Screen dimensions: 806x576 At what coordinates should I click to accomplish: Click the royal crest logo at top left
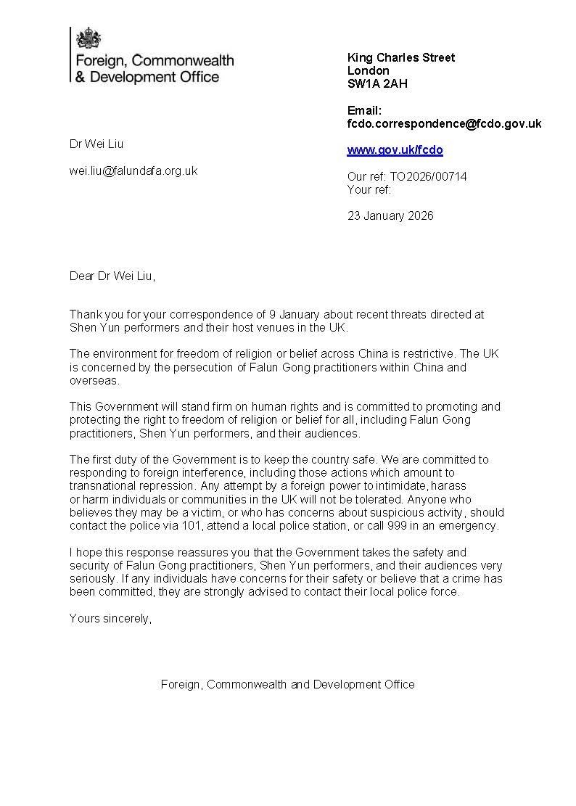[89, 38]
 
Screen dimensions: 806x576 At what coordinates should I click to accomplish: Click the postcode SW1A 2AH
[377, 83]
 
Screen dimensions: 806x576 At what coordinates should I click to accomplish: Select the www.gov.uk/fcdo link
[395, 150]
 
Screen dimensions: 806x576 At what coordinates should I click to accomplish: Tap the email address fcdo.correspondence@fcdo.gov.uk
[444, 124]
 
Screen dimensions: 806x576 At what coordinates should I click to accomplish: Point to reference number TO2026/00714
[428, 176]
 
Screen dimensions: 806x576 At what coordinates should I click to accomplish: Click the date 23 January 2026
[390, 215]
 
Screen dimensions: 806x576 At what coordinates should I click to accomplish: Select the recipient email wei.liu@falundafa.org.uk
[133, 171]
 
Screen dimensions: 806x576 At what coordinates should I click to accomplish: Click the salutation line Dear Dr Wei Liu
[112, 276]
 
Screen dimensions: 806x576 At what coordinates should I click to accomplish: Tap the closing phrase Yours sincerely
[110, 618]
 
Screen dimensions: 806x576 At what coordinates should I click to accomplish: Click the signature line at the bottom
[287, 684]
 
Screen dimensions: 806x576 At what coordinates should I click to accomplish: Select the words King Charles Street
[401, 57]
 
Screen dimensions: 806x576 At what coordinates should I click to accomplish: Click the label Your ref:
[369, 190]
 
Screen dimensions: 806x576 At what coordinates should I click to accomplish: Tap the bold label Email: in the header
[364, 111]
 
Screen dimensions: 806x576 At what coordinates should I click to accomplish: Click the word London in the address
[369, 70]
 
